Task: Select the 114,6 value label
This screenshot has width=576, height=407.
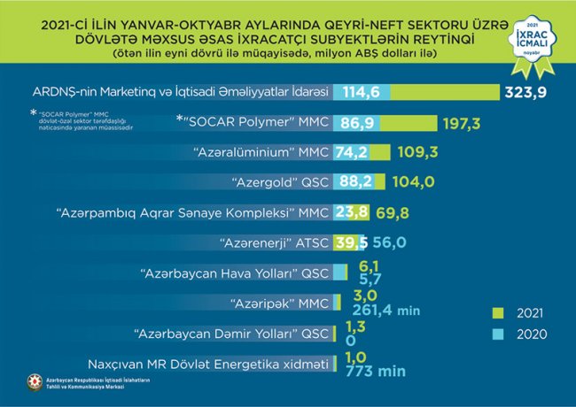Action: (362, 92)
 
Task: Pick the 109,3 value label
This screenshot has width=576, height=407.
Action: (416, 152)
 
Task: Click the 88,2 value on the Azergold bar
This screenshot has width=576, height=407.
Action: (356, 181)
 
